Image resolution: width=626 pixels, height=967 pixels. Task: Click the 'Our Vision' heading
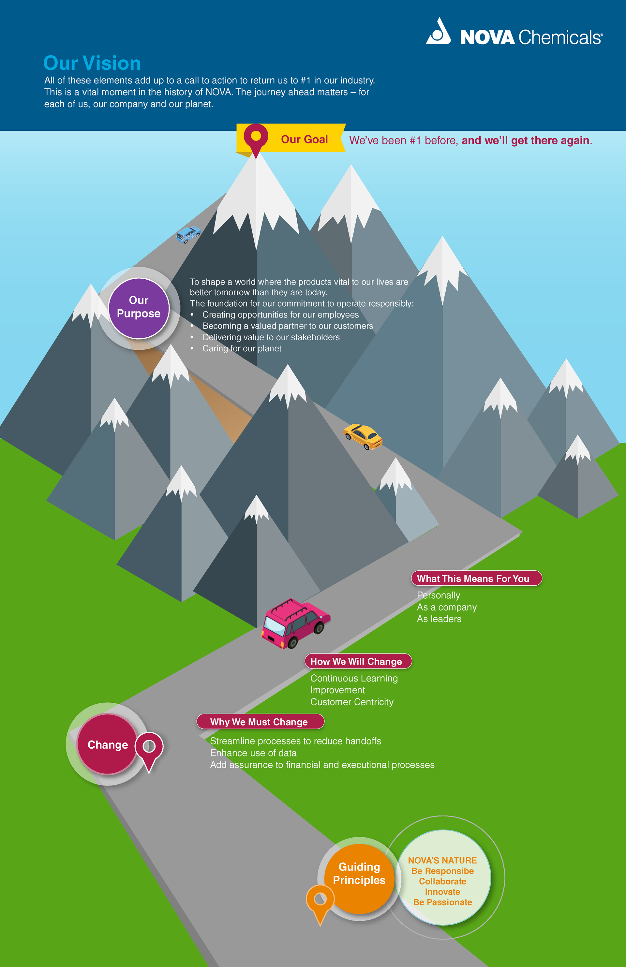[x=92, y=63]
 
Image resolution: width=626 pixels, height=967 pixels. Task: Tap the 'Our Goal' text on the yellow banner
[x=304, y=139]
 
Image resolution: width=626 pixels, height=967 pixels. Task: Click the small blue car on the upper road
[x=188, y=234]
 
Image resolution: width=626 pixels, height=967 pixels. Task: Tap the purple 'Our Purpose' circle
[x=139, y=308]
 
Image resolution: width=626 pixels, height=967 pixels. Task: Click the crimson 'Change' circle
[x=107, y=744]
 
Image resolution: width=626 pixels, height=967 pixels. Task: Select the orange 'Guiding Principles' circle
[x=359, y=879]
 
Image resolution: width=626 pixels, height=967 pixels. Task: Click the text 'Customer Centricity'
[x=351, y=702]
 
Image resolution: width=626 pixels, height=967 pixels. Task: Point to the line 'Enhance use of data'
[x=253, y=753]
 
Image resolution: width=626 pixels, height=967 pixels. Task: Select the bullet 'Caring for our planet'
[x=242, y=348]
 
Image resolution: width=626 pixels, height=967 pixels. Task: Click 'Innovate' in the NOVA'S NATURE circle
[x=442, y=891]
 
